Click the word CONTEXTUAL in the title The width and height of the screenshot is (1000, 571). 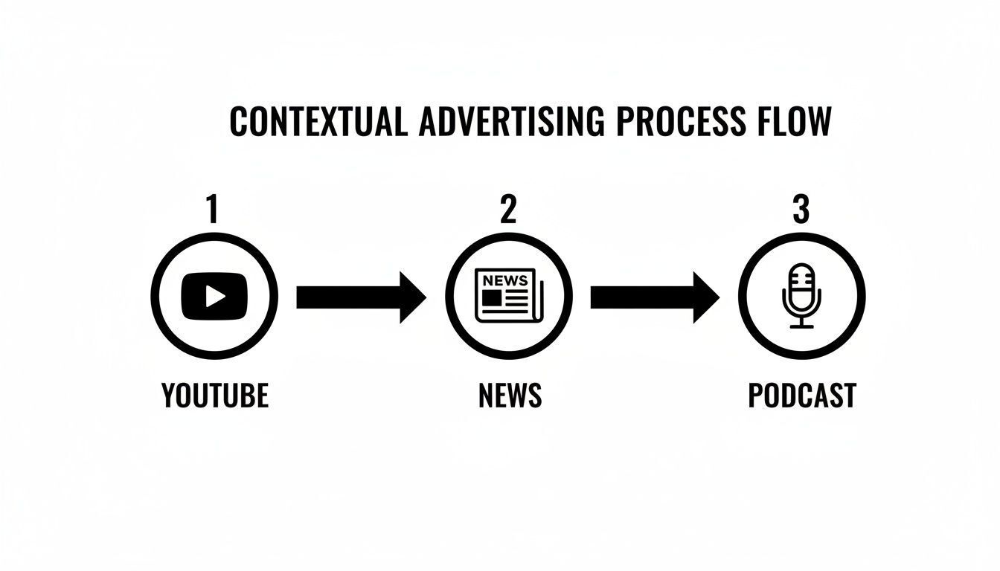(318, 122)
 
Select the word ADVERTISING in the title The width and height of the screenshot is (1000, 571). (511, 122)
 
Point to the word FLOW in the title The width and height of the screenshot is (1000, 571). (793, 122)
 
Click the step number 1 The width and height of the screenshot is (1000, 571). (213, 210)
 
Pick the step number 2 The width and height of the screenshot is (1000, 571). (508, 210)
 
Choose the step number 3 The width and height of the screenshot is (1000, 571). (801, 210)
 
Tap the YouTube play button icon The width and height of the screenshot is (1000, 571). (214, 297)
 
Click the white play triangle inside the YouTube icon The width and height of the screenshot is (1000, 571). (215, 297)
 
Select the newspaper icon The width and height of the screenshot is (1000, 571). (509, 296)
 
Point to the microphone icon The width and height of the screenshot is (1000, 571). (801, 297)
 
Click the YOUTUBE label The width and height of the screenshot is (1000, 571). (215, 396)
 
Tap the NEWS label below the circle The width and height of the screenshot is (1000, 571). (510, 396)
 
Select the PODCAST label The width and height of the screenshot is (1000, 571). (802, 396)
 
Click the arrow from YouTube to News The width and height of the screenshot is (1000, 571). (361, 297)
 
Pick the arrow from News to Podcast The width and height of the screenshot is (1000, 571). (655, 297)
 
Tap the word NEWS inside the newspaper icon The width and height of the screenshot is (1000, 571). (505, 280)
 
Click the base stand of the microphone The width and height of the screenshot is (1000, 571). (801, 324)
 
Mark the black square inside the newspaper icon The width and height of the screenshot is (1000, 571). (491, 297)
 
